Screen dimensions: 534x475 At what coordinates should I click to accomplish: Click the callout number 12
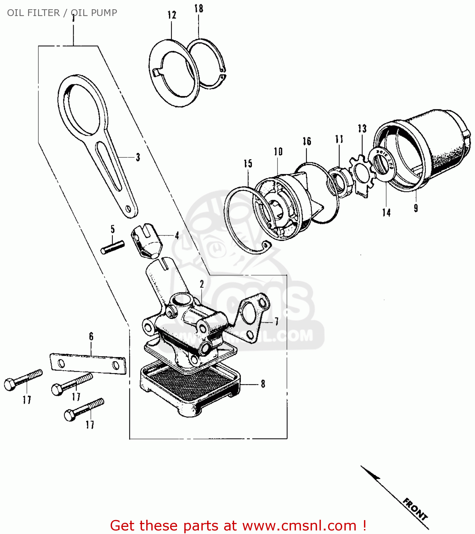coord(172,15)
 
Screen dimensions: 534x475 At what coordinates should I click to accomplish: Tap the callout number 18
coord(199,9)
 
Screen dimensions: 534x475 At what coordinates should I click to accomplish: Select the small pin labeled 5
coord(112,247)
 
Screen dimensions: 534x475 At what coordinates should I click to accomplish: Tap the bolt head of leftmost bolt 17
coord(10,384)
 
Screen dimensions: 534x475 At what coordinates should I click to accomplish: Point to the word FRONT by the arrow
coord(415,509)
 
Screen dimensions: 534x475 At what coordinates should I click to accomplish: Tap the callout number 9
coord(416,208)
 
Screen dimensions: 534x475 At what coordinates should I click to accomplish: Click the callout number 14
coord(386,213)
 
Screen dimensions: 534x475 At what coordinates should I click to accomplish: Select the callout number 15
coord(248,163)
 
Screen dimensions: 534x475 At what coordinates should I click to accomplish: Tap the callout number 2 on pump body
coord(202,284)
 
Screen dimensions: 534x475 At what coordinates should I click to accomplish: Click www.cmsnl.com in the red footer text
coord(299,526)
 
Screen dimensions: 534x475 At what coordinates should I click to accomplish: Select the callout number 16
coord(307,141)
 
